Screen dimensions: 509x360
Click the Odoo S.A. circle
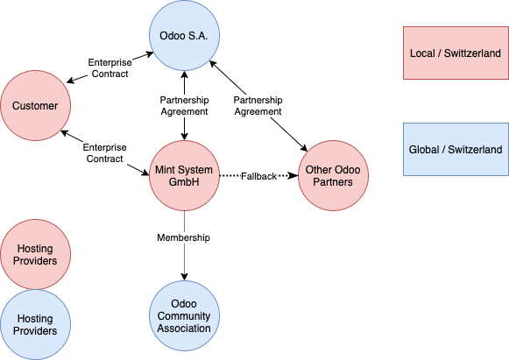pos(184,35)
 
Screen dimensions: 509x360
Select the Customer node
pos(35,105)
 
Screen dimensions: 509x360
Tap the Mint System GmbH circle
pos(184,175)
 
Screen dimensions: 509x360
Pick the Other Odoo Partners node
pos(333,175)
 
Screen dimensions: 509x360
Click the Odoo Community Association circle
pos(184,316)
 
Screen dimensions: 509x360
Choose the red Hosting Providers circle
pos(35,254)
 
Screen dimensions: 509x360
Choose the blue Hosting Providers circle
pos(35,325)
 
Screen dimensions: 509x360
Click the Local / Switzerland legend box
pos(456,53)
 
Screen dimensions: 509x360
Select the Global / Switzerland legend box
pos(456,149)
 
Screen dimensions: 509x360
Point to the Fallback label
pos(258,176)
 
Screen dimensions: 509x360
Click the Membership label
pos(183,237)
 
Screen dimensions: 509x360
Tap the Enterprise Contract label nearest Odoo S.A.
pos(110,67)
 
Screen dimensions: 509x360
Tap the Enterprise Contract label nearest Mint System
pos(104,153)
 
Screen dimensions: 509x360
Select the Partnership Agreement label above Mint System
pos(184,105)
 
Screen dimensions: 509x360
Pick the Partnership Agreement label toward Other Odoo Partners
pos(258,105)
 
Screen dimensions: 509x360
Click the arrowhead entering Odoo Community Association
pos(184,277)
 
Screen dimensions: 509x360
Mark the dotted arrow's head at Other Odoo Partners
pos(293,175)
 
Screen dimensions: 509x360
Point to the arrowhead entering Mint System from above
pos(184,137)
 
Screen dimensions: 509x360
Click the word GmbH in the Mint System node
pos(184,182)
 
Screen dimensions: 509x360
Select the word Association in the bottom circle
pos(184,328)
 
